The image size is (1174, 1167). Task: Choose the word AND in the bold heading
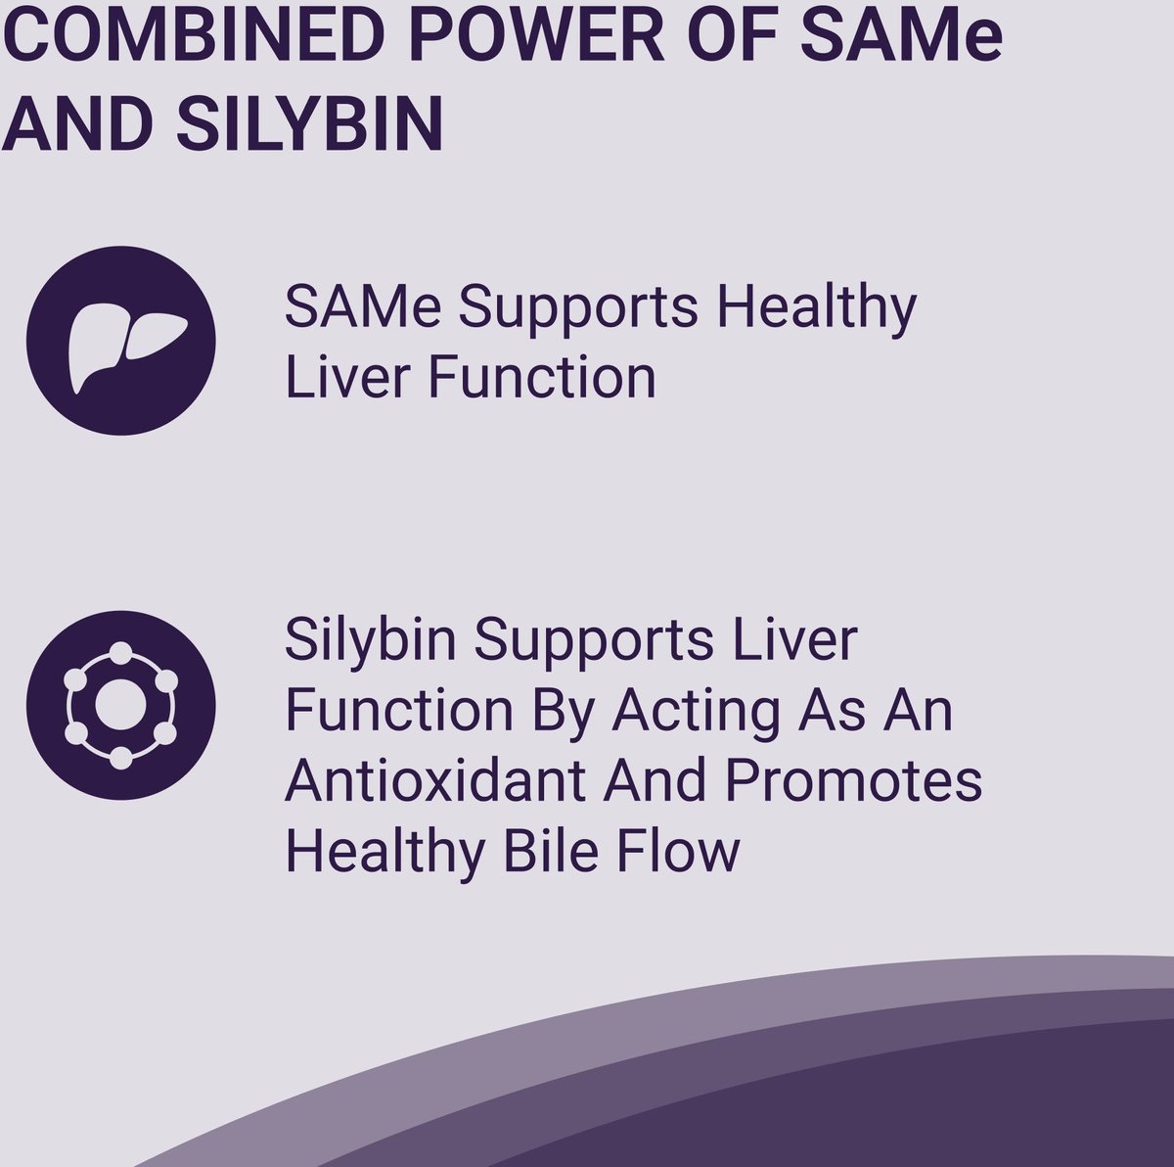point(77,122)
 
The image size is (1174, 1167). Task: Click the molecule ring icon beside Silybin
point(120,706)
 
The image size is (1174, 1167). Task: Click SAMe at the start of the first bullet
point(363,306)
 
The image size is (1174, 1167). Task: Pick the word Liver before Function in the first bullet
point(346,378)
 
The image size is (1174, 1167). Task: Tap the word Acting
point(696,715)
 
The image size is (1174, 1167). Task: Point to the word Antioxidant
point(433,780)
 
